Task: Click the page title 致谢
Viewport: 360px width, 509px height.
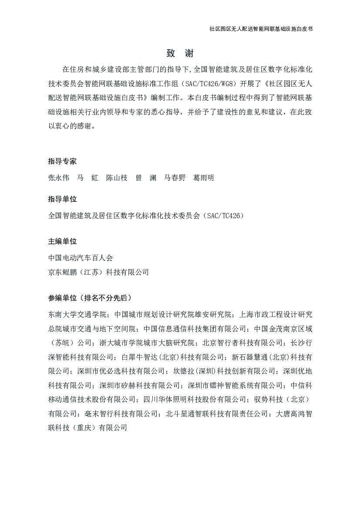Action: (x=180, y=54)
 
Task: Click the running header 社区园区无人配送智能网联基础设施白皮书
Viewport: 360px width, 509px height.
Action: (x=261, y=29)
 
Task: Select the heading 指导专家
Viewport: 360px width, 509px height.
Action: (x=62, y=161)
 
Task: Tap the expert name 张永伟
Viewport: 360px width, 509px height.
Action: (x=59, y=178)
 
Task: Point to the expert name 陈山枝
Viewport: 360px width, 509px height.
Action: (x=117, y=178)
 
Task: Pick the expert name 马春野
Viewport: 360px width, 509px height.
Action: (x=175, y=178)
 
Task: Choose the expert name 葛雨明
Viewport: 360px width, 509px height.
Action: (x=203, y=178)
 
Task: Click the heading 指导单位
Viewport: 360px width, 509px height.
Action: (x=62, y=199)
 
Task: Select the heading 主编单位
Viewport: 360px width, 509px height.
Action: (x=62, y=241)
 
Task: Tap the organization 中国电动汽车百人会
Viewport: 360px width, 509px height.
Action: (x=81, y=258)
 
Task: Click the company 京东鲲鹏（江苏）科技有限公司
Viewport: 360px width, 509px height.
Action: (x=98, y=272)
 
